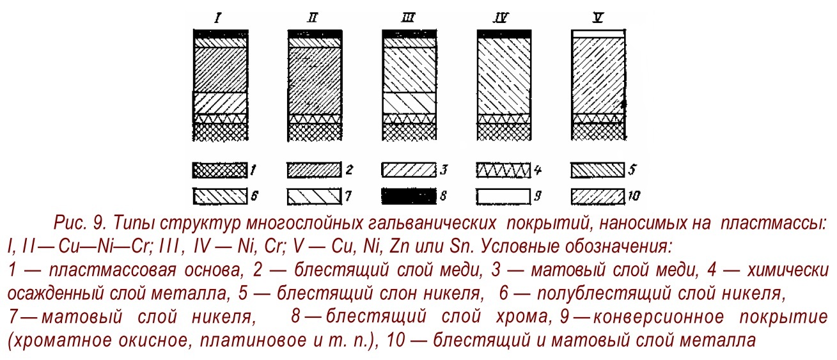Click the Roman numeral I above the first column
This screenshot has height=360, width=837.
[x=218, y=18]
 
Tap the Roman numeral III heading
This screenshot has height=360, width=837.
[x=409, y=18]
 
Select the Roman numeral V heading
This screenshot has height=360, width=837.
[x=598, y=18]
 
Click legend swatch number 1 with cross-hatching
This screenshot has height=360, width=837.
[x=220, y=170]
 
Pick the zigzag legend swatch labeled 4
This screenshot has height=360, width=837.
[x=503, y=170]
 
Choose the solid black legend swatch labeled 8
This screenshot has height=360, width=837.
[x=409, y=196]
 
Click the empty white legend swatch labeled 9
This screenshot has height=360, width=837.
[x=503, y=196]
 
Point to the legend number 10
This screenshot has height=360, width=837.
[x=634, y=196]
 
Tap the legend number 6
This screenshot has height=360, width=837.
[x=254, y=196]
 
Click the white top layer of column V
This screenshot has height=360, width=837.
[x=598, y=34]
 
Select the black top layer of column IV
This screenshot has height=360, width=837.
[x=504, y=34]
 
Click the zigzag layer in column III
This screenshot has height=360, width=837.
[x=409, y=119]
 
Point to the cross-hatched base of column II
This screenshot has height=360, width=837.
[x=315, y=132]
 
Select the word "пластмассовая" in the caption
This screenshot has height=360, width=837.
[x=113, y=270]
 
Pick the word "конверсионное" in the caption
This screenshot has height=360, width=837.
[x=659, y=317]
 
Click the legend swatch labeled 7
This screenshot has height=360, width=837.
[x=314, y=196]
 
